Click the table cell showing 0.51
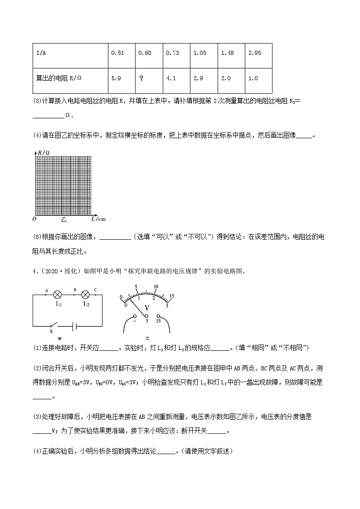[117, 53]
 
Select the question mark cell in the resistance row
[141, 78]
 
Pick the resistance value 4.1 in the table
[171, 78]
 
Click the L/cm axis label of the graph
[98, 219]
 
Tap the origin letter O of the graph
[34, 219]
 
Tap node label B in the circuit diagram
[74, 289]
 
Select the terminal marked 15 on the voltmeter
[158, 316]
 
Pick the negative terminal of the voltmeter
[135, 316]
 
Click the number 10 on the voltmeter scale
[156, 286]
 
